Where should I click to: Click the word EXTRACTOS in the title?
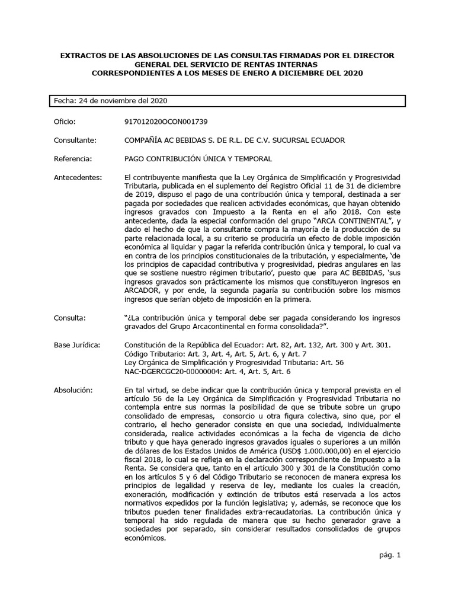[x=82, y=55]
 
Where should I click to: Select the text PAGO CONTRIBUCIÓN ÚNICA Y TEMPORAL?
[x=198, y=159]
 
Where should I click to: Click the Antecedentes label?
[x=77, y=178]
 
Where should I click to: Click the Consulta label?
[x=69, y=318]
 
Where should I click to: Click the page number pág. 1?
[x=390, y=555]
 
